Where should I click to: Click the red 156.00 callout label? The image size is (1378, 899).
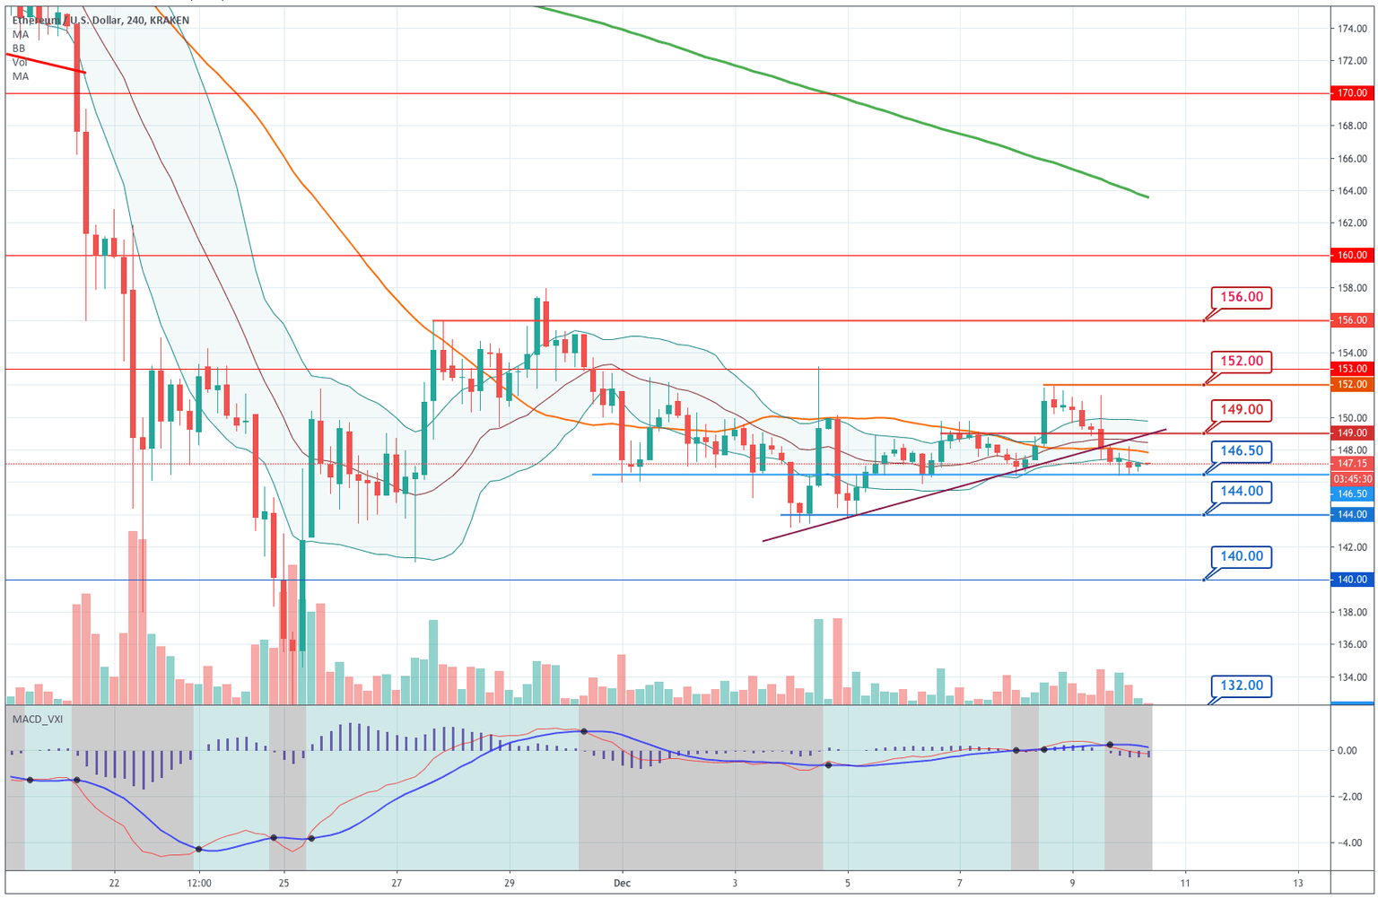point(1241,297)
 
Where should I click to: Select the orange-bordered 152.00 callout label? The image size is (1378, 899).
point(1241,362)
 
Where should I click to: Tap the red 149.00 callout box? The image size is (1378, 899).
point(1241,410)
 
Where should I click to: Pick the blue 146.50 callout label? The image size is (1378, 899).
point(1241,450)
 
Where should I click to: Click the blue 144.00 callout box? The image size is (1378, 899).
point(1241,492)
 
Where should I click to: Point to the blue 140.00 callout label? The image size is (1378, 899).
point(1241,556)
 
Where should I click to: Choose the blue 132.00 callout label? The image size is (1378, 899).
point(1241,685)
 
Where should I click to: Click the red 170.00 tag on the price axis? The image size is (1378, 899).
point(1352,93)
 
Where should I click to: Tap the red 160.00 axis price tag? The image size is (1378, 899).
point(1352,256)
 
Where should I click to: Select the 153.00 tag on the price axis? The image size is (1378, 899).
point(1352,369)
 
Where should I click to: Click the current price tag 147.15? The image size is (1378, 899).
point(1352,464)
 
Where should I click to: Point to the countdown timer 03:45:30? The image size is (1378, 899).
point(1352,479)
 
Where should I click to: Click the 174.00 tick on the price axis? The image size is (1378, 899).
point(1352,29)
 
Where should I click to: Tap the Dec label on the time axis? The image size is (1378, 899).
point(623,884)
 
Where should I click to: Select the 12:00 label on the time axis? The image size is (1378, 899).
point(199,884)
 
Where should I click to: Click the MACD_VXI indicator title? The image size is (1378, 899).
point(37,719)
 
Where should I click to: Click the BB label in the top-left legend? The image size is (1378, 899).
point(19,48)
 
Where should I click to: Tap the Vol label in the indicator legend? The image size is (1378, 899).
point(20,63)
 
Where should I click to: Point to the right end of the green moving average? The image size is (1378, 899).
point(1147,196)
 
